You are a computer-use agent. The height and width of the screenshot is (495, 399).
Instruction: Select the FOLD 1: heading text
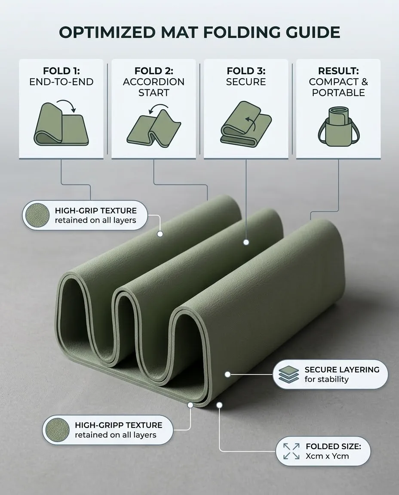[x=61, y=71]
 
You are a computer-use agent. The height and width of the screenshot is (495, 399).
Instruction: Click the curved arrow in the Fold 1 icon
[x=68, y=105]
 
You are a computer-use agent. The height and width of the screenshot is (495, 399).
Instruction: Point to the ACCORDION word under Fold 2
[x=153, y=82]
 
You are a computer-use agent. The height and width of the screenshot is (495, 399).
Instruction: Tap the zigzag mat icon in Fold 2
[x=154, y=128]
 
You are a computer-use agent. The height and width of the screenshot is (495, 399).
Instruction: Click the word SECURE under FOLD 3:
[x=246, y=82]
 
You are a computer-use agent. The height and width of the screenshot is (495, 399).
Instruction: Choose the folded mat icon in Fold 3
[x=246, y=124]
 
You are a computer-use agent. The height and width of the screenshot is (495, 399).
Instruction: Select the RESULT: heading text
[x=338, y=71]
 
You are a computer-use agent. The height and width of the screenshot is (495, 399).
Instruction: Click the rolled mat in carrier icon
[x=338, y=126]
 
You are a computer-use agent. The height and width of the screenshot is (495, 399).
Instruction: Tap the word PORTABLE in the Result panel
[x=338, y=92]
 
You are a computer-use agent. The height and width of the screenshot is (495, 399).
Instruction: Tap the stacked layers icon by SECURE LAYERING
[x=289, y=374]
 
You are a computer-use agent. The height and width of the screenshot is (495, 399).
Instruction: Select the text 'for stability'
[x=327, y=379]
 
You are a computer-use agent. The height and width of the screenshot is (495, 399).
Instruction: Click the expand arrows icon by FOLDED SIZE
[x=291, y=451]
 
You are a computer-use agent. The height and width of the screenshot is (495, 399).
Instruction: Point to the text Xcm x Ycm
[x=327, y=456]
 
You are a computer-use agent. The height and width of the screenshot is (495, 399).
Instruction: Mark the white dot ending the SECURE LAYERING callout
[x=227, y=374]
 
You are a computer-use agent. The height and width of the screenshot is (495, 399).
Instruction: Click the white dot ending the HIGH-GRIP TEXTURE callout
[x=160, y=234]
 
